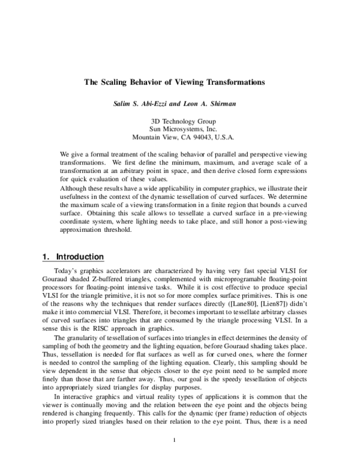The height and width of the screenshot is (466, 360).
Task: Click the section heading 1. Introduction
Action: click(73, 258)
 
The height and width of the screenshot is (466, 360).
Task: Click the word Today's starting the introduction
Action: click(68, 273)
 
